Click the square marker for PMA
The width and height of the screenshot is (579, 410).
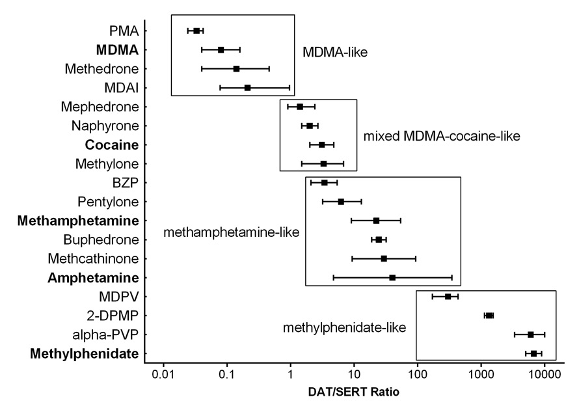pos(196,31)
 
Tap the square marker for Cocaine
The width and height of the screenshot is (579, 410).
pos(321,144)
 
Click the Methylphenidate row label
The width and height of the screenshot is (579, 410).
pos(85,353)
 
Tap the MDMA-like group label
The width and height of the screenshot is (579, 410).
pos(335,51)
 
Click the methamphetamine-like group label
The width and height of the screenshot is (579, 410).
pos(231,232)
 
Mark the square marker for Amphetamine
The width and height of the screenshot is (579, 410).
pos(392,278)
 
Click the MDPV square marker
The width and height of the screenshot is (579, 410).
pos(448,297)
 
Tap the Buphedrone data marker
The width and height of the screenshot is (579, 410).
pos(379,239)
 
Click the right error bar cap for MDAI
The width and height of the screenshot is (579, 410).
pos(289,87)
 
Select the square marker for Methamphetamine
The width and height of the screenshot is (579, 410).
pos(376,221)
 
